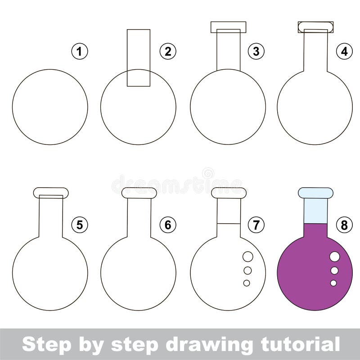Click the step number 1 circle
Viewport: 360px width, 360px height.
pos(80,52)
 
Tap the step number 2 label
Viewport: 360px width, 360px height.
pos(168,52)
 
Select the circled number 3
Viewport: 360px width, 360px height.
pos(256,52)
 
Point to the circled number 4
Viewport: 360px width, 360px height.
pos(344,52)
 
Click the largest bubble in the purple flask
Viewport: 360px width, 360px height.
pos(335,256)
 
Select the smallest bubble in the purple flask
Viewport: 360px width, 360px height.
pos(333,283)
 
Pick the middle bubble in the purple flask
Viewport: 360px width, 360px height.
pos(334,270)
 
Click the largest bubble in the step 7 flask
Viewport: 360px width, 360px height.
pos(248,256)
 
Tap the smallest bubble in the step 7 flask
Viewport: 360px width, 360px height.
pos(247,283)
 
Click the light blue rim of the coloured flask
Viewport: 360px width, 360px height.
pos(315,193)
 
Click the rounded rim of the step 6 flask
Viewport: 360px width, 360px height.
pos(139,193)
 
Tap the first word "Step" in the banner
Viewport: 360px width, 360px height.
pos(43,345)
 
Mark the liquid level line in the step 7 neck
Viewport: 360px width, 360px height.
pos(229,224)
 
